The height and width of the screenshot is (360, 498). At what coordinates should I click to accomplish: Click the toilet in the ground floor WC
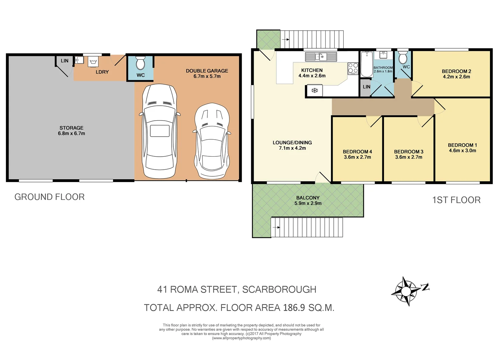[140, 63]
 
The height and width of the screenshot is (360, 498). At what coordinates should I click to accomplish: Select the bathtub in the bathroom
[367, 64]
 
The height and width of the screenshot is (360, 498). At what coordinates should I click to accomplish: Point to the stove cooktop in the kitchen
[353, 68]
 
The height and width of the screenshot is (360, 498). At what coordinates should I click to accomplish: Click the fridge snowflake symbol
[314, 90]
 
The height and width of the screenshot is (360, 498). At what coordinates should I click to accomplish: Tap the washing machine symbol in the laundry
[93, 62]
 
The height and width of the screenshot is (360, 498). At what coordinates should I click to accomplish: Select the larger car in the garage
[159, 132]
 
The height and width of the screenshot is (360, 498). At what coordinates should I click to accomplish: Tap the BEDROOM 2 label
[456, 71]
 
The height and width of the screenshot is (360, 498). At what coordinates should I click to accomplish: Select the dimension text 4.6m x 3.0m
[462, 151]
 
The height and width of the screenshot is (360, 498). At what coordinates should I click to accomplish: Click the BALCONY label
[308, 198]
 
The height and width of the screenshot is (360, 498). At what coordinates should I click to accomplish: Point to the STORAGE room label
[71, 128]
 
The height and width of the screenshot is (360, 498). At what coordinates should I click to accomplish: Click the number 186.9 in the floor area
[294, 307]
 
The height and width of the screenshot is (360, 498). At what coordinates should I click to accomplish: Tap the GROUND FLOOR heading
[49, 197]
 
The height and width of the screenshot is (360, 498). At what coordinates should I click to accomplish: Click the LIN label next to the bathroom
[366, 87]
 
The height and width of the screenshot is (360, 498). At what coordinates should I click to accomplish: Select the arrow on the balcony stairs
[276, 227]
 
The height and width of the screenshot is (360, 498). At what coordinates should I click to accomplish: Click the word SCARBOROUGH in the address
[279, 289]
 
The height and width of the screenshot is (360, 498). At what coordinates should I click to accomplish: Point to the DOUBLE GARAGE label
[207, 71]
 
